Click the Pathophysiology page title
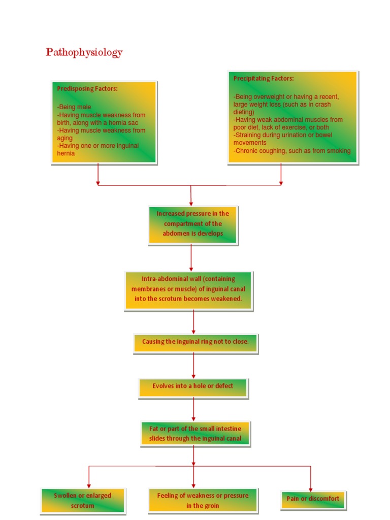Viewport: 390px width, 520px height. [84, 52]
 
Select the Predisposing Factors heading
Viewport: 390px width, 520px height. [87, 88]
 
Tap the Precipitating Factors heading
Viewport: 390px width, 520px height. [264, 78]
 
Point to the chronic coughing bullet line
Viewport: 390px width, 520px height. [292, 151]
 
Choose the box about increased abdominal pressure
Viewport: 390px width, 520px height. [192, 224]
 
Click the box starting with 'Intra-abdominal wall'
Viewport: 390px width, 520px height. [188, 288]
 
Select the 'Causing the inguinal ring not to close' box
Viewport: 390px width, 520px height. [196, 342]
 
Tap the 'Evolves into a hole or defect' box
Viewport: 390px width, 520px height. [193, 386]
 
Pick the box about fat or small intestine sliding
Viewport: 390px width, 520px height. [195, 433]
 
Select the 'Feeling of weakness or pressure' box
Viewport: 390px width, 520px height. [203, 500]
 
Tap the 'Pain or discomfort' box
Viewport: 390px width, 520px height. [312, 499]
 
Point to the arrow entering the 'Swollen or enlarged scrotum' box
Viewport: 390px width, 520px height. [89, 483]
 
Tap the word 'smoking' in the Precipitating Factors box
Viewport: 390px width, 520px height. [339, 151]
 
